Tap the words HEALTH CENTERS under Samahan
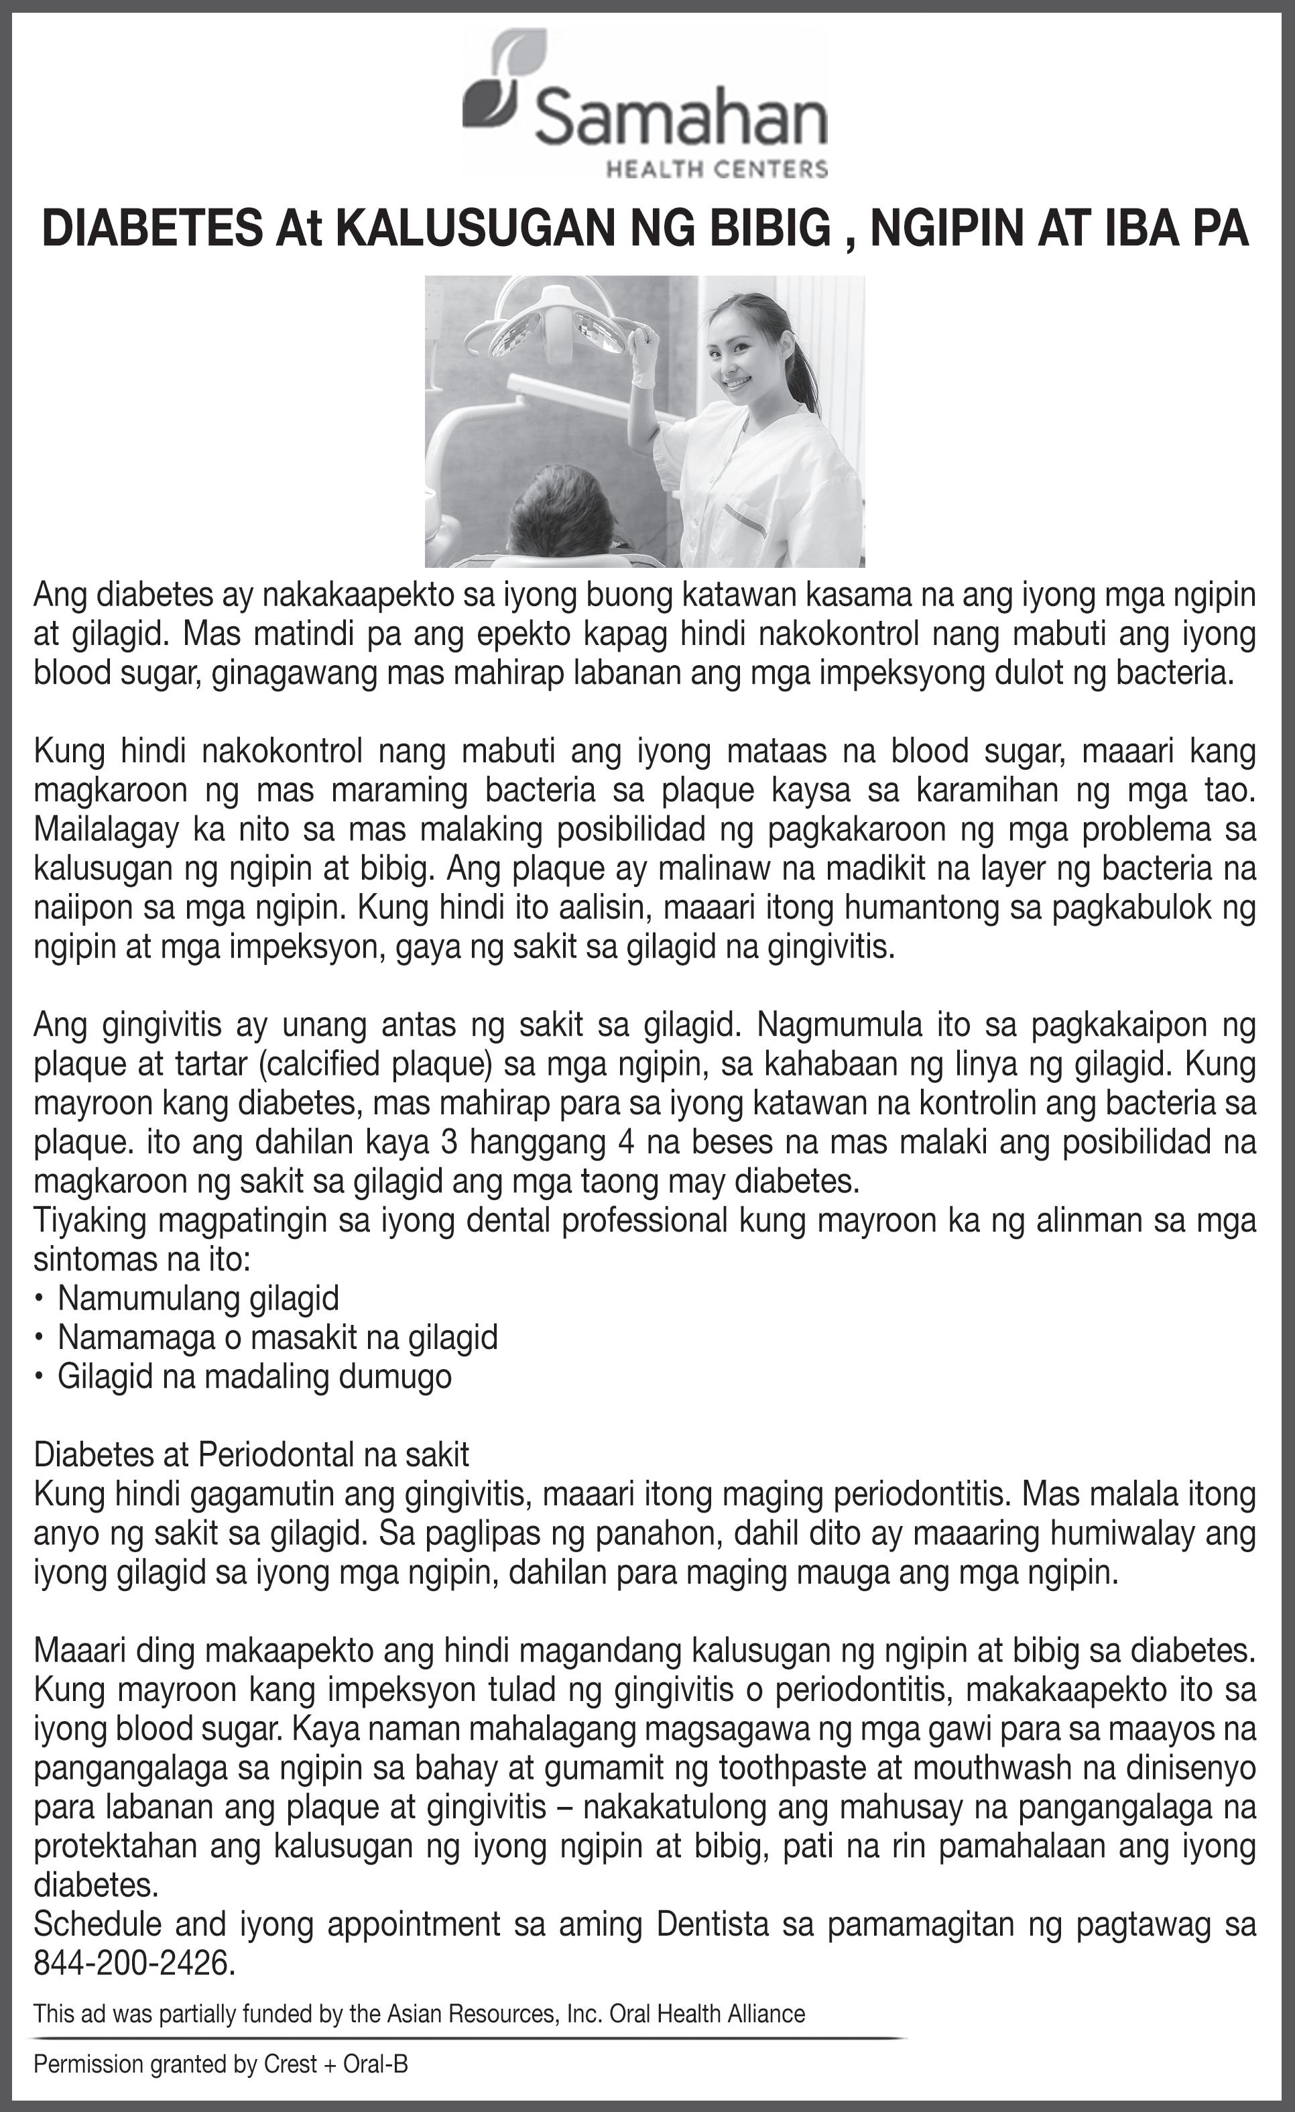717,168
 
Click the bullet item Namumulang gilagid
198,1298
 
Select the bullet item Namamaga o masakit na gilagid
277,1336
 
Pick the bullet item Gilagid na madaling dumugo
253,1376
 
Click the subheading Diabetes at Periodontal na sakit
251,1454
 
